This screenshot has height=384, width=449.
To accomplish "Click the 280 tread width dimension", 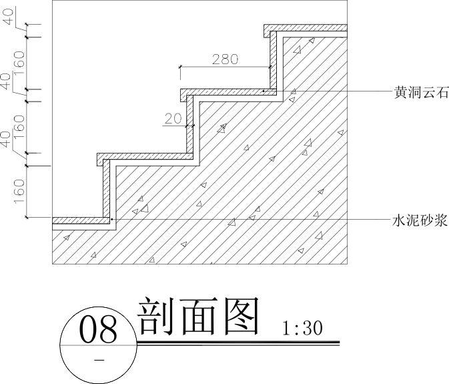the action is coord(225,59).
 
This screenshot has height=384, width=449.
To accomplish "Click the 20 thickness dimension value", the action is coord(173,118).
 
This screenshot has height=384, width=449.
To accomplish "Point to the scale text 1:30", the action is coord(302,329).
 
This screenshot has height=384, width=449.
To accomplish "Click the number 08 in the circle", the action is coord(98,330).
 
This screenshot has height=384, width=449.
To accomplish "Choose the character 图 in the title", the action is coord(238,317).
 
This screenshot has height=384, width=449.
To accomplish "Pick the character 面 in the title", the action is coord(197,317).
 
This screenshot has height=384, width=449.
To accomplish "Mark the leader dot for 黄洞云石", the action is coord(264,90).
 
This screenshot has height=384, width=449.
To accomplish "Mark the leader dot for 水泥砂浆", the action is coord(111,219).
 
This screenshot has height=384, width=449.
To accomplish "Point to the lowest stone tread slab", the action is coord(80,221).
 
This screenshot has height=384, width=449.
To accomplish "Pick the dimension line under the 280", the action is coord(225,67).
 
